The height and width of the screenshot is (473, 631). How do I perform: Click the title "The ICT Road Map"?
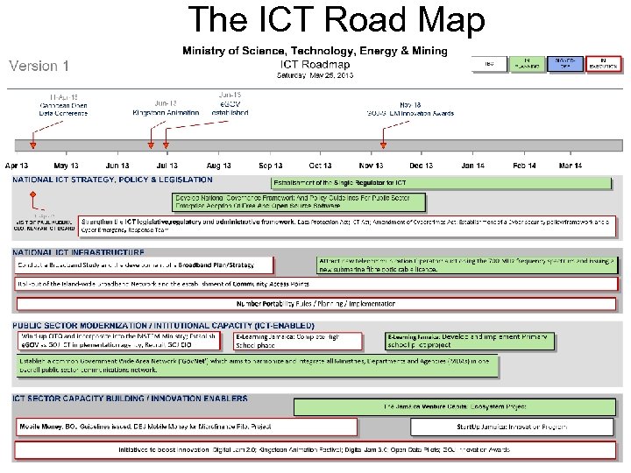pos(337,20)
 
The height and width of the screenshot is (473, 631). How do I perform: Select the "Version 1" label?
pos(39,66)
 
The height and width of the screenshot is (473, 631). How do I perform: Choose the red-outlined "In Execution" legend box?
pos(602,64)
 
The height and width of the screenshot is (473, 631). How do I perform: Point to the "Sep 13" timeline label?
pos(271,166)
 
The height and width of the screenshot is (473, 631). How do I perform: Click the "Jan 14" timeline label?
pos(473,166)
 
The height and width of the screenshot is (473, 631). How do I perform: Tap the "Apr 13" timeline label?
pos(17,166)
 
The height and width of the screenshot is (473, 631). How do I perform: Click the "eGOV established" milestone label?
pos(230,108)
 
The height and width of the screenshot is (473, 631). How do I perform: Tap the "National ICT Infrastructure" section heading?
pos(78,252)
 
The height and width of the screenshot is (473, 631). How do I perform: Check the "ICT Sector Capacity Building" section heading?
pos(130,399)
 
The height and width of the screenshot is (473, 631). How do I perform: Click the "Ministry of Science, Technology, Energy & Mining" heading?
pos(315,51)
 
